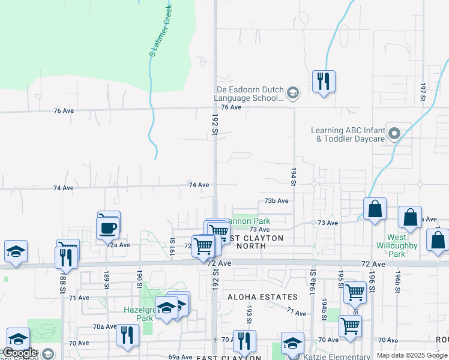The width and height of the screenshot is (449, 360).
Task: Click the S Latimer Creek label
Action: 160,30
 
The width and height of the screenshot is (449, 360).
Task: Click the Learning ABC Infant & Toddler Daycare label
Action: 348,134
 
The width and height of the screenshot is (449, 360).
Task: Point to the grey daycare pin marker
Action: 394,134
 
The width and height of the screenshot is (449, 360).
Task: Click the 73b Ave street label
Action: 277,201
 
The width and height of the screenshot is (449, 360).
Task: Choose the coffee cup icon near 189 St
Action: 108,228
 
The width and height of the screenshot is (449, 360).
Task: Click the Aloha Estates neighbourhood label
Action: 262,297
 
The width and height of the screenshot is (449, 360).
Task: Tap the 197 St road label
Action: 423,92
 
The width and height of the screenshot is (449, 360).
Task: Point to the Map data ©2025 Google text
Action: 412,355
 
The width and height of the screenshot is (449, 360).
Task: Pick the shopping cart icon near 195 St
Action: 355,292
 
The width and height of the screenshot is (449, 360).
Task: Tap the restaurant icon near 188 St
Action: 65,257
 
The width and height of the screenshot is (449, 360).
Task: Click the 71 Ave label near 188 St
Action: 79,298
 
